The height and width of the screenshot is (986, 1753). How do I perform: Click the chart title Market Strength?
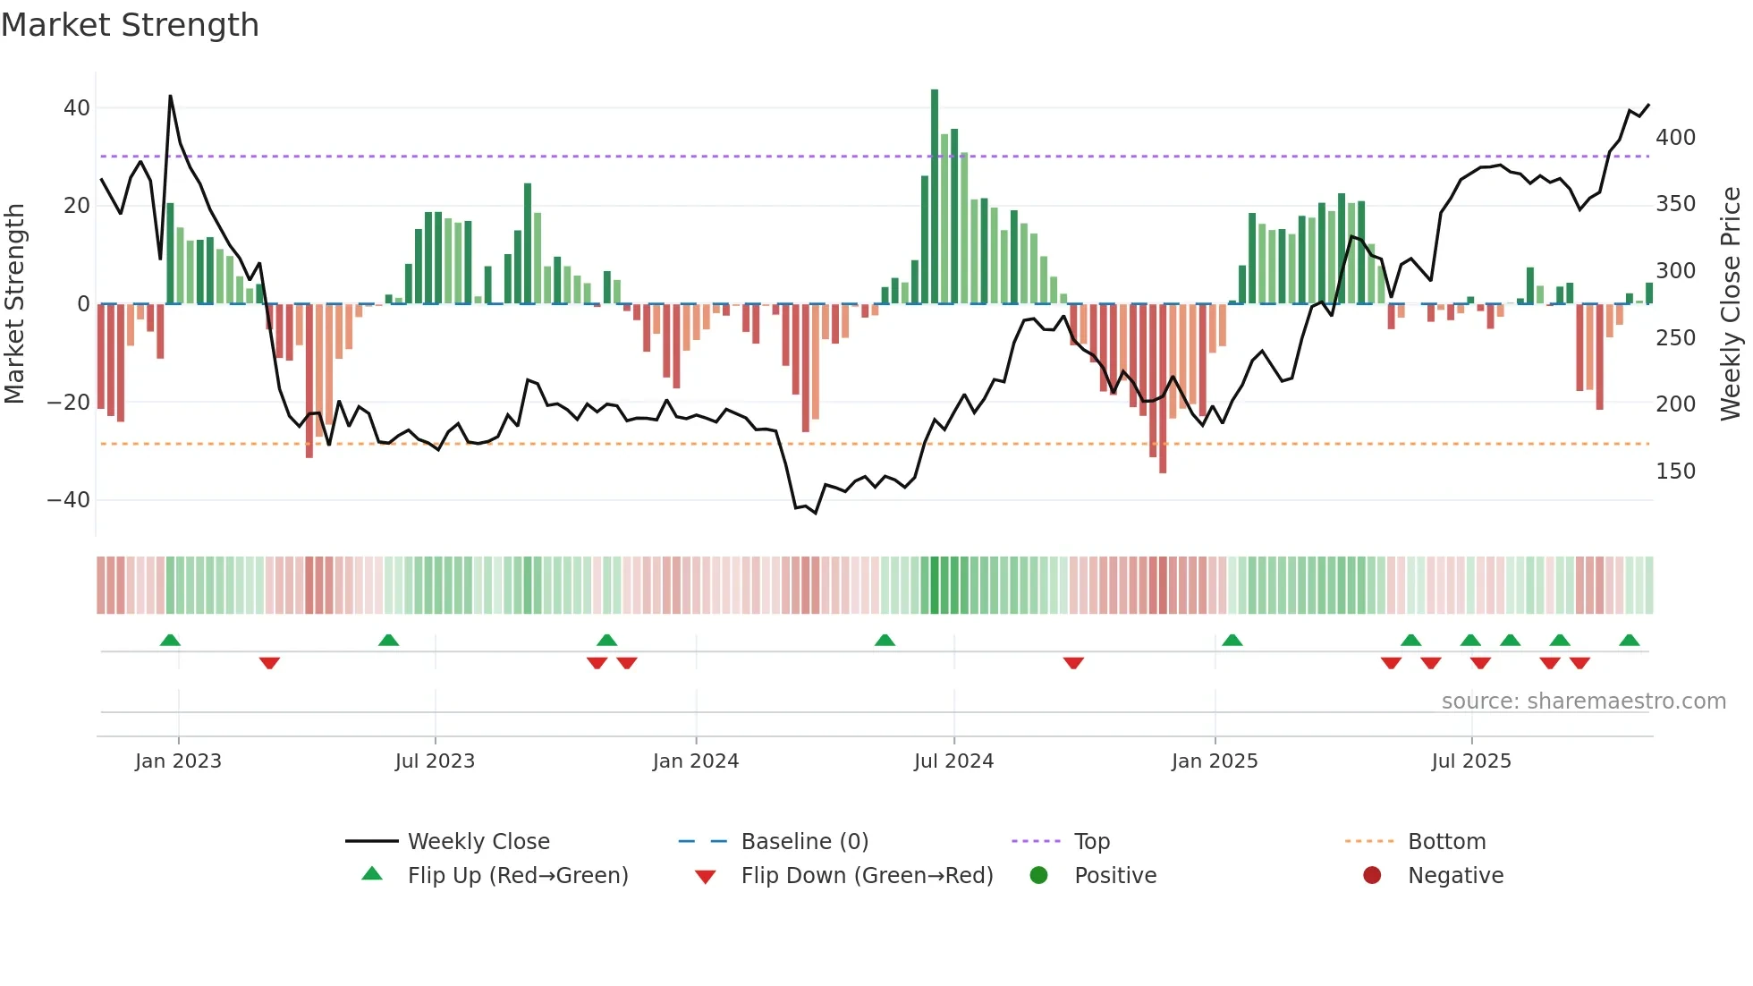pos(130,25)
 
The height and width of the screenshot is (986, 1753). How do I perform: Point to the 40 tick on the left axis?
pos(77,108)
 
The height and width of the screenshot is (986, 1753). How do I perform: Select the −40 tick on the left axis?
pos(69,500)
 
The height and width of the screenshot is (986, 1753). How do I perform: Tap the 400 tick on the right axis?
pos(1675,138)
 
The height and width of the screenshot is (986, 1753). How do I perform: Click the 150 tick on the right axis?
pos(1675,472)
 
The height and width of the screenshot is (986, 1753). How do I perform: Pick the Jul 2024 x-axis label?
pos(953,761)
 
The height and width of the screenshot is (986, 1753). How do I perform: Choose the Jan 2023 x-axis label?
pos(178,761)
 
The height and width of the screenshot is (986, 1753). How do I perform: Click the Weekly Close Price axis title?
pos(1731,304)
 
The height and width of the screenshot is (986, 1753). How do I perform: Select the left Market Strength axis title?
pos(14,304)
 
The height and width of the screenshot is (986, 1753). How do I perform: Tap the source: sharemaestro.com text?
pos(1583,701)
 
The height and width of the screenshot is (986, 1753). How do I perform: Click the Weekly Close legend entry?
pos(478,842)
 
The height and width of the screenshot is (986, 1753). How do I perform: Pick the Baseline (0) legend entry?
pos(804,842)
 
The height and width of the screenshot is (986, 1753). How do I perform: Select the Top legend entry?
pos(1091,842)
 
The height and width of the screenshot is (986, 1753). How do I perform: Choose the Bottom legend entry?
pos(1446,842)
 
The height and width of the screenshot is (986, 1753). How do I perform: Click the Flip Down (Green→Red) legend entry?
pos(866,876)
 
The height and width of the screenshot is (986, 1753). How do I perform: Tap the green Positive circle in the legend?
pos(1038,876)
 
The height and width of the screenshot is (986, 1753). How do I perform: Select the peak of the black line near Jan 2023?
pos(170,96)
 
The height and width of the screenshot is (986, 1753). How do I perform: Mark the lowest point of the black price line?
pos(815,513)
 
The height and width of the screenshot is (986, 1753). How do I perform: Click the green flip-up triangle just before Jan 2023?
pos(170,640)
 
